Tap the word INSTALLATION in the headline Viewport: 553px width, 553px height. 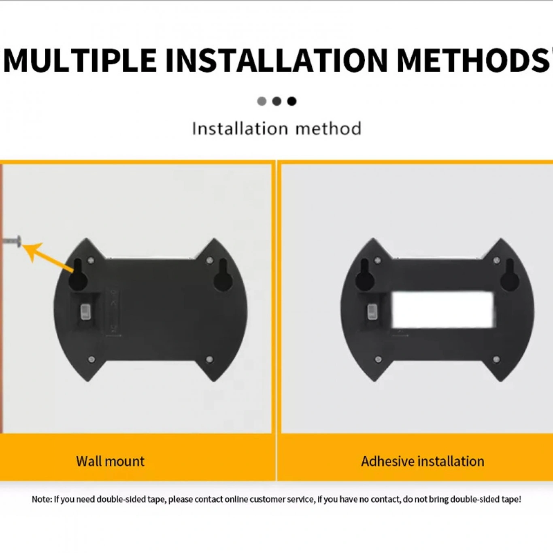point(277,60)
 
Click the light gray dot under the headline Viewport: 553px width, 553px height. point(262,101)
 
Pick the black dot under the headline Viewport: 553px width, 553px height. point(292,101)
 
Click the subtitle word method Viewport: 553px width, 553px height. point(329,128)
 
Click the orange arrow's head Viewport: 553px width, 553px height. point(32,251)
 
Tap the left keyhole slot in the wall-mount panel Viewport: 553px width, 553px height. point(78,275)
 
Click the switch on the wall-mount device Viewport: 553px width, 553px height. point(85,313)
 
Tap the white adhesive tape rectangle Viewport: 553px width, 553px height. point(443,310)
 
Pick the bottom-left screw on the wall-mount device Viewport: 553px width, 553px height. point(91,359)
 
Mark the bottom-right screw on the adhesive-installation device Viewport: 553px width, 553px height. point(496,359)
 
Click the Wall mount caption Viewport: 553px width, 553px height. point(110,462)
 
